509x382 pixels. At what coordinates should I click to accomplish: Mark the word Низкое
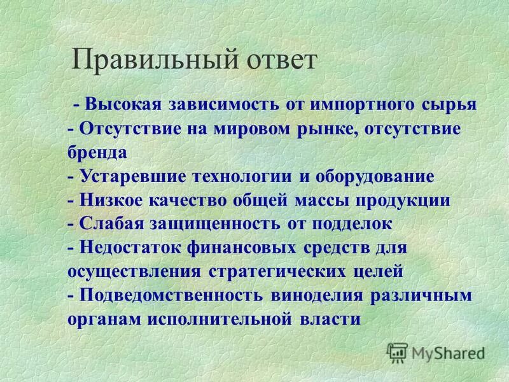tap(111, 200)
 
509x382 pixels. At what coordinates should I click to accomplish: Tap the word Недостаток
tap(128, 247)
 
